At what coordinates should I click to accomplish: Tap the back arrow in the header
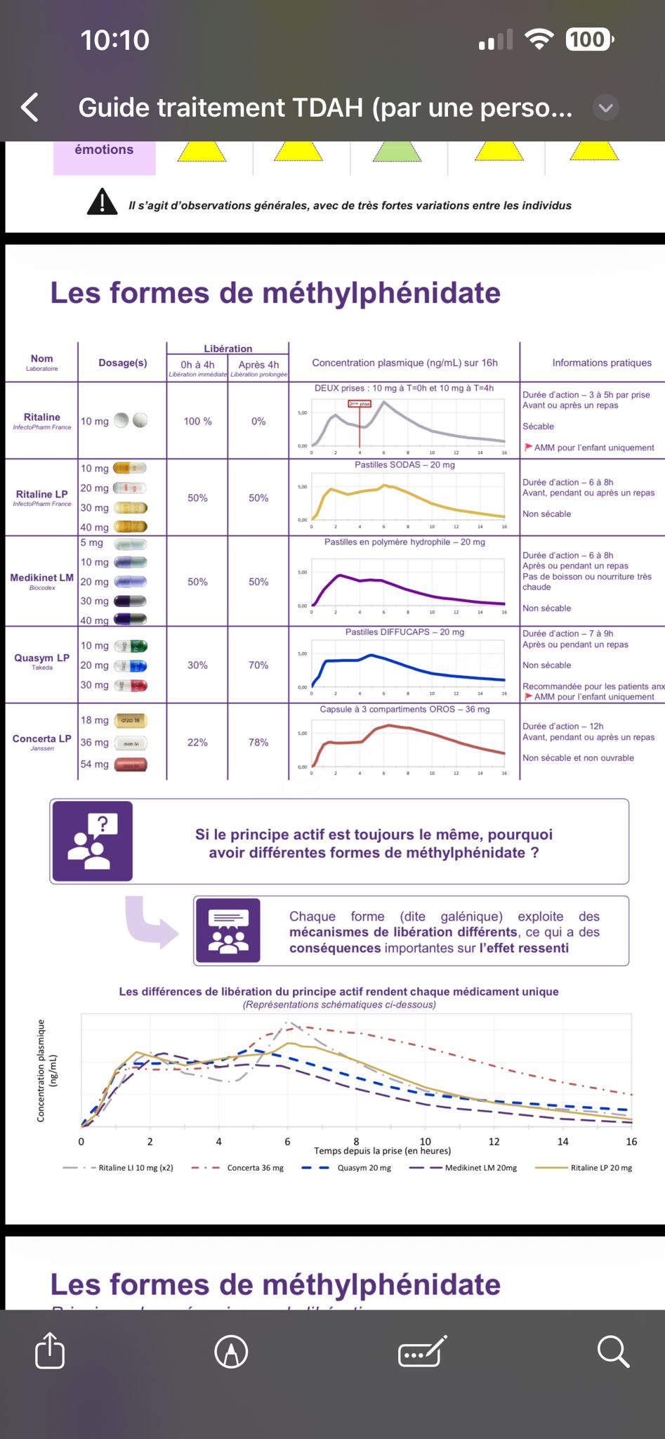point(30,108)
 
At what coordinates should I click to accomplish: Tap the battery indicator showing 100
point(588,39)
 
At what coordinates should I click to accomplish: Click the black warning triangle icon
point(102,202)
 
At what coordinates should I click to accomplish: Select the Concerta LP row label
point(41,739)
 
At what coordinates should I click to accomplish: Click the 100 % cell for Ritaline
point(197,421)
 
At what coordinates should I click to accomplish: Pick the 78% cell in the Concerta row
point(258,742)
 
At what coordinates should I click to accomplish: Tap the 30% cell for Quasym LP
point(197,665)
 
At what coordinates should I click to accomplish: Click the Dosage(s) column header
point(123,363)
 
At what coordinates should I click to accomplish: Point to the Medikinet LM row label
point(41,578)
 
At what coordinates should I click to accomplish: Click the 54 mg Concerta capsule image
point(130,764)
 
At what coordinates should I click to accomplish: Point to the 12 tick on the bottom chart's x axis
point(494,1141)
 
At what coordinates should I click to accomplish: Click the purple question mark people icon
point(91,840)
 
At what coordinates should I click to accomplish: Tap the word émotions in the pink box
point(104,150)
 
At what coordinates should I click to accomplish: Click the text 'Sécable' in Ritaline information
point(538,427)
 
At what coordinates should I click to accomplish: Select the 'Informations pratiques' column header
point(601,363)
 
